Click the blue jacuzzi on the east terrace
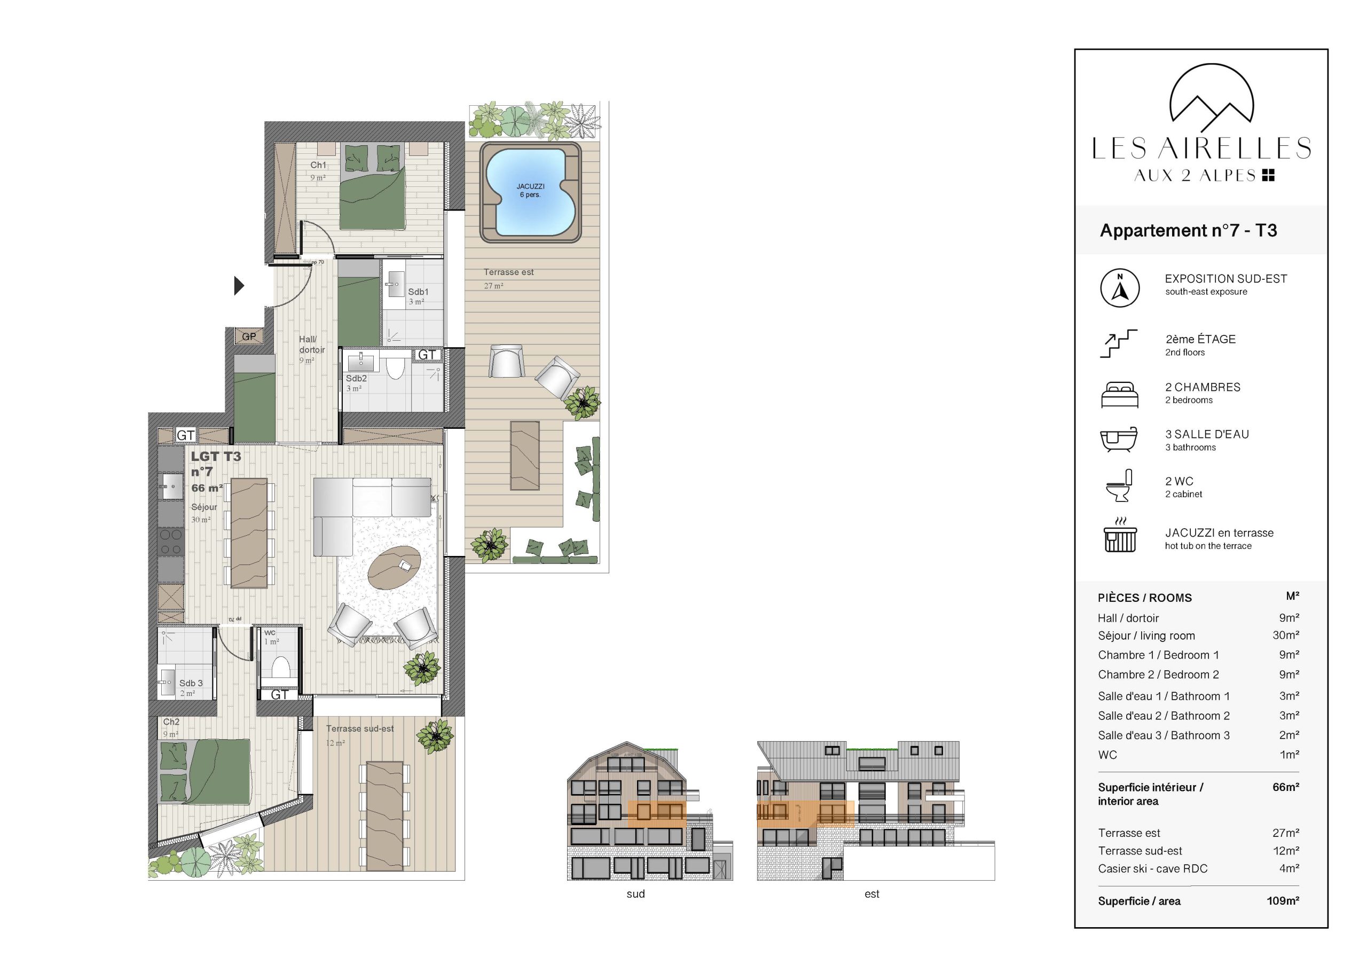[530, 192]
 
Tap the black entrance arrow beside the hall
[239, 286]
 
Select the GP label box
[249, 336]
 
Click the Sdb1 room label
[418, 292]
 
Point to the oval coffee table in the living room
[394, 567]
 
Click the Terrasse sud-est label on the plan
[359, 728]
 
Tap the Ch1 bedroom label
[318, 165]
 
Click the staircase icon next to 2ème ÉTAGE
[1118, 343]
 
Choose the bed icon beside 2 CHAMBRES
[1119, 395]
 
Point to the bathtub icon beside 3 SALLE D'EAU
[1119, 440]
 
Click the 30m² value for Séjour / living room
[1285, 636]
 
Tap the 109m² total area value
[1283, 901]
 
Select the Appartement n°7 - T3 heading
[1188, 230]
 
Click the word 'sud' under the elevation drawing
[635, 894]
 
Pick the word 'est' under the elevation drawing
[871, 894]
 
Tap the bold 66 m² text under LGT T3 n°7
[207, 488]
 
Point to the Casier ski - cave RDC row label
[1153, 869]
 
